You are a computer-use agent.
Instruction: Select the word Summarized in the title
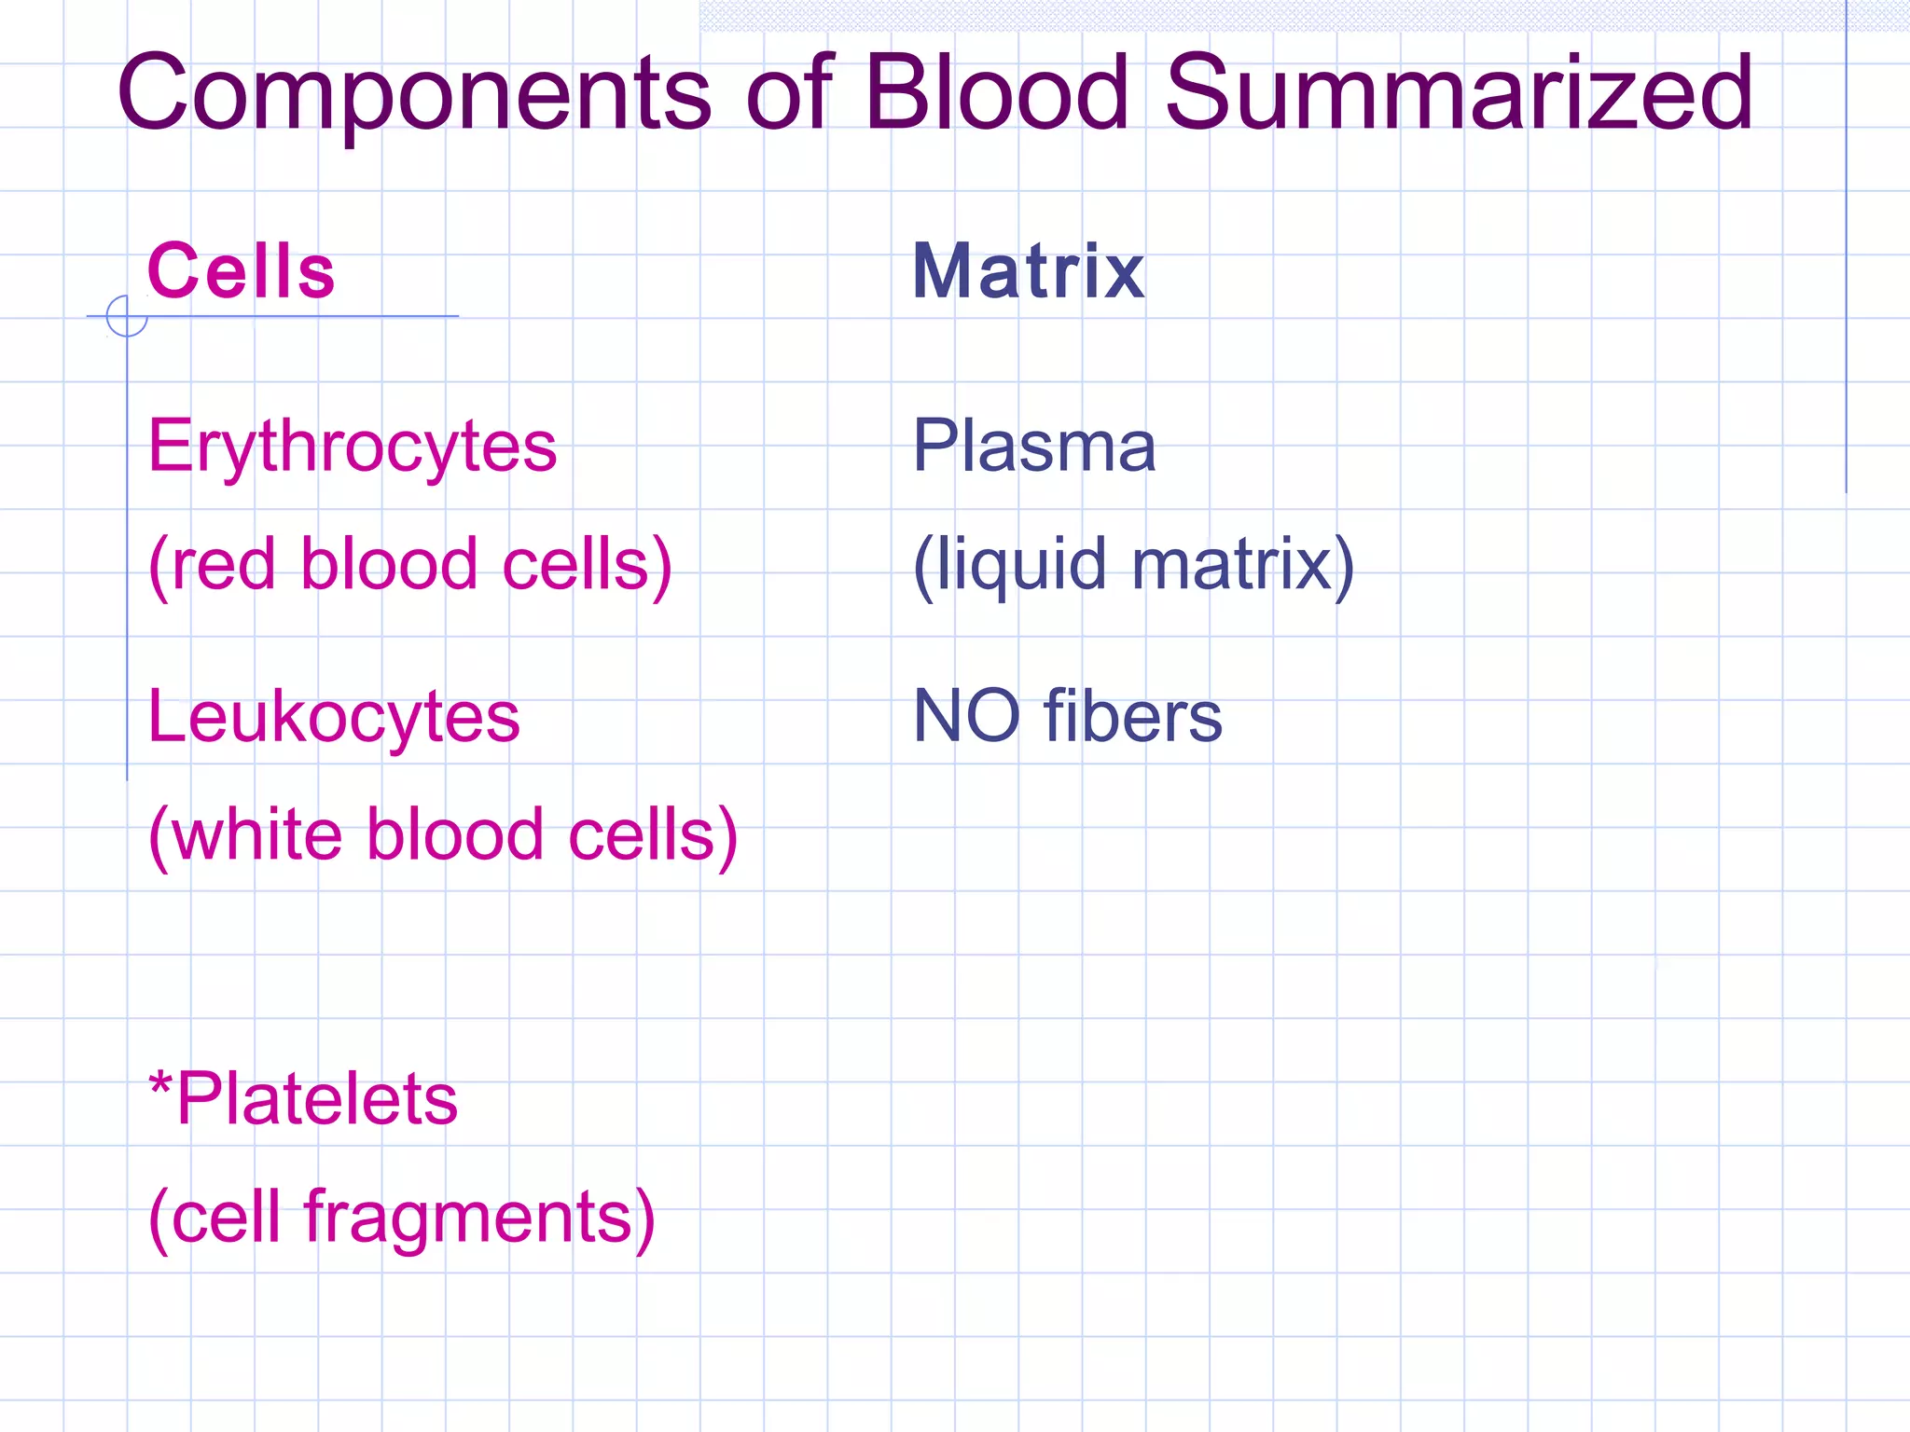pos(1460,93)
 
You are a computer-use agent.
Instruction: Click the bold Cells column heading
pos(241,271)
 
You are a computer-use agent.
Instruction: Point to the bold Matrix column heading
pos(1028,271)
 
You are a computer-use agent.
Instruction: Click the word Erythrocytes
pos(353,447)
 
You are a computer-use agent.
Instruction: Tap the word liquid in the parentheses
pos(1020,566)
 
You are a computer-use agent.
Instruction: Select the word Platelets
pos(317,1099)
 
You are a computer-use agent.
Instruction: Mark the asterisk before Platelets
pos(161,1084)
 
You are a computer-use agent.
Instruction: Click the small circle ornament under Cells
pos(127,316)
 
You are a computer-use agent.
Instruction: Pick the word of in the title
pos(788,93)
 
